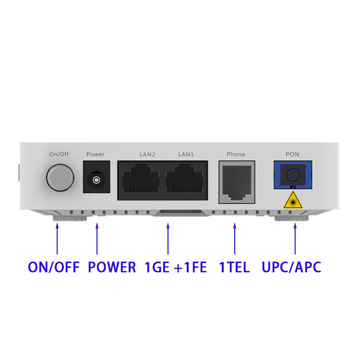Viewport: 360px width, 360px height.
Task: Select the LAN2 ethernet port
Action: point(141,180)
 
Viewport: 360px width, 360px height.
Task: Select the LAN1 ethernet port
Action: point(184,180)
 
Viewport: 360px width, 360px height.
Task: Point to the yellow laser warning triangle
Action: point(292,200)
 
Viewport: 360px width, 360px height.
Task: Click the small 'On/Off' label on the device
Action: point(60,154)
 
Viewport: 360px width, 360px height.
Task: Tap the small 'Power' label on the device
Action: point(95,154)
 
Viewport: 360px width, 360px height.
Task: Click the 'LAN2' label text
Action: point(147,154)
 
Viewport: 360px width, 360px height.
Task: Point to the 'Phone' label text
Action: point(236,154)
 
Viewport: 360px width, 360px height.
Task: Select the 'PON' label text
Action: point(292,154)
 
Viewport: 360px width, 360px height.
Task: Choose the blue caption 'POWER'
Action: point(112,267)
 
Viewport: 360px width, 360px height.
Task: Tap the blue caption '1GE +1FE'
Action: point(175,267)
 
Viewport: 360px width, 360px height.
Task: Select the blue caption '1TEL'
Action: point(234,267)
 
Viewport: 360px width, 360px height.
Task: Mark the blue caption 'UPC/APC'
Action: point(291,267)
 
